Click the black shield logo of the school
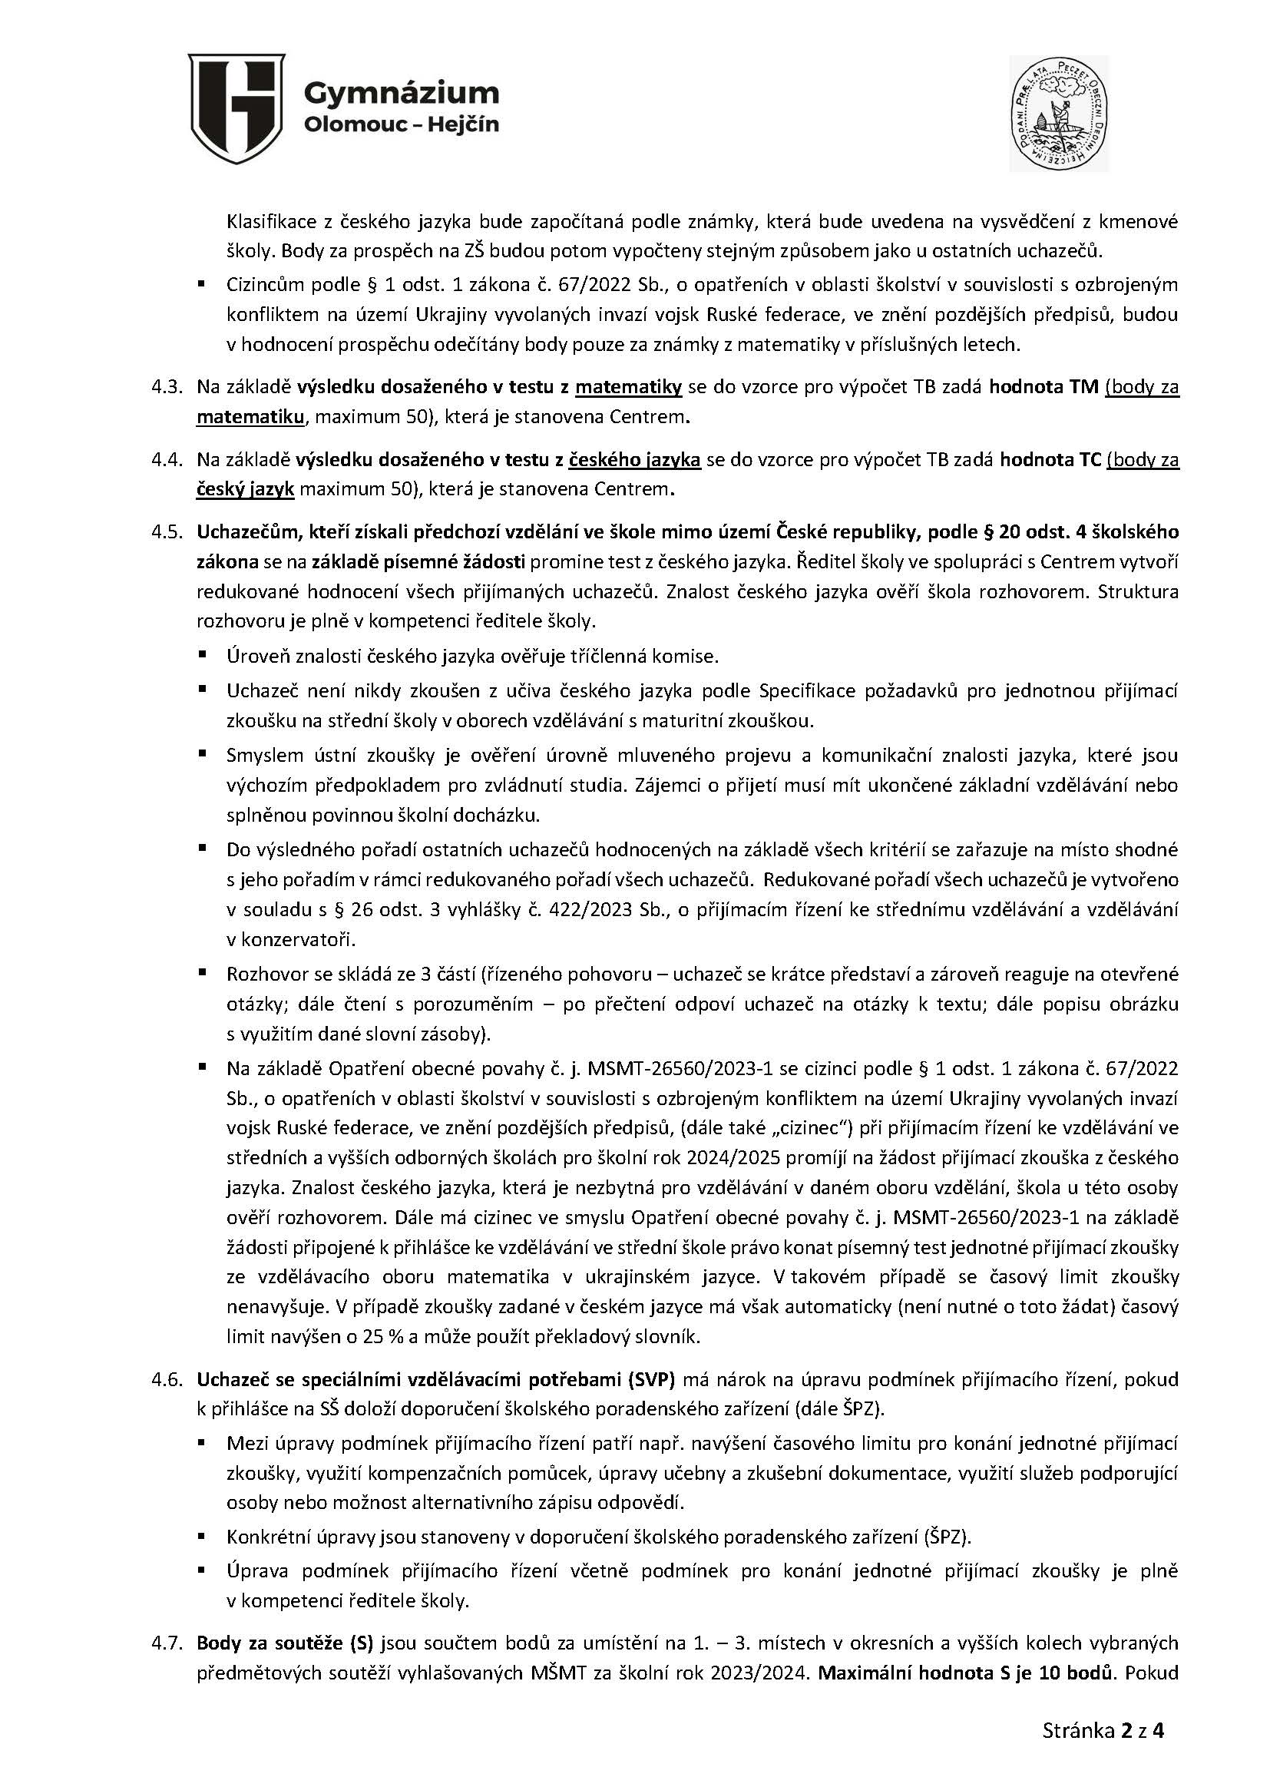click(236, 109)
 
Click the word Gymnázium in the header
click(400, 93)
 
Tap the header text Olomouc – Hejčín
click(400, 125)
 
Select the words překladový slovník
click(624, 1337)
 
